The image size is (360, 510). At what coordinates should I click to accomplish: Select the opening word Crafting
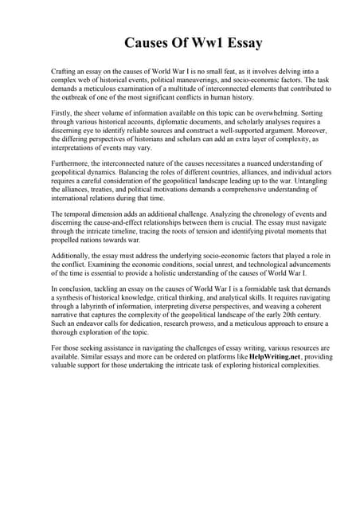(x=65, y=72)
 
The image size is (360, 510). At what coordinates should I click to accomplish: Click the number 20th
(x=280, y=315)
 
